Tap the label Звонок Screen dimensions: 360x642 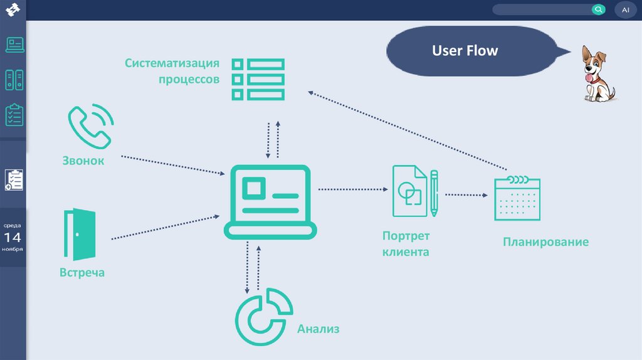[x=83, y=161]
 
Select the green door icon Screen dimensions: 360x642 [x=80, y=234]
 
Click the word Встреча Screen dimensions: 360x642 [x=82, y=273]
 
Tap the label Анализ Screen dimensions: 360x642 [x=318, y=328]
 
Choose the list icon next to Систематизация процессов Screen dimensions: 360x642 [x=258, y=79]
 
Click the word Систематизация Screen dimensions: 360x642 [x=172, y=63]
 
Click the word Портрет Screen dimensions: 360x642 [x=406, y=236]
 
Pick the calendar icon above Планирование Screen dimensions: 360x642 [x=517, y=198]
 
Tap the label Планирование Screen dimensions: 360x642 [x=545, y=242]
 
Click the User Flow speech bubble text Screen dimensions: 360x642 [x=465, y=51]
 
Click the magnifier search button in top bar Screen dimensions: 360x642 [x=598, y=9]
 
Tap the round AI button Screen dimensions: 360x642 [x=625, y=9]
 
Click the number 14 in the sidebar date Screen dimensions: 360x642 [x=13, y=237]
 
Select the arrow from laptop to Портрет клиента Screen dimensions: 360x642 [x=354, y=188]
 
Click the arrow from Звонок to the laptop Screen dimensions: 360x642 [x=172, y=164]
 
